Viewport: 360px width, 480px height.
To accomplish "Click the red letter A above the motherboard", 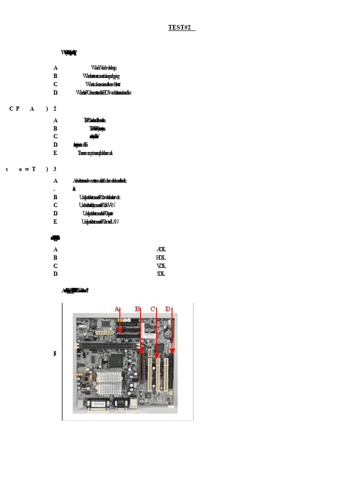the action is (x=117, y=308).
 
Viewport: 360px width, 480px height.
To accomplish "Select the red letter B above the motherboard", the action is (x=137, y=308).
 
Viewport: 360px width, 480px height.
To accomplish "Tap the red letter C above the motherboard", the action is (x=153, y=308).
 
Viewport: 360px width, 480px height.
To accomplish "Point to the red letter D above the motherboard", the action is (x=168, y=308).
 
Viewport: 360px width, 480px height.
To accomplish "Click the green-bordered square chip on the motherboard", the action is (x=115, y=360).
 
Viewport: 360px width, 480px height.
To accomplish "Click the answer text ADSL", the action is (x=161, y=249).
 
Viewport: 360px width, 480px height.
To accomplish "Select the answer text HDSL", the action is (x=161, y=257).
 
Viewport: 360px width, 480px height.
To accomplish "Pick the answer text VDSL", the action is (x=161, y=265).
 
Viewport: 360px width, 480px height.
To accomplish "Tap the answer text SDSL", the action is (x=161, y=273).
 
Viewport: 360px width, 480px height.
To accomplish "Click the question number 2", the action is (x=55, y=109).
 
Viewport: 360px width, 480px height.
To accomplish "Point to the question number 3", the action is (x=55, y=169).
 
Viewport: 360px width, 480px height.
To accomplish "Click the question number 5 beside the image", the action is (x=55, y=353).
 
